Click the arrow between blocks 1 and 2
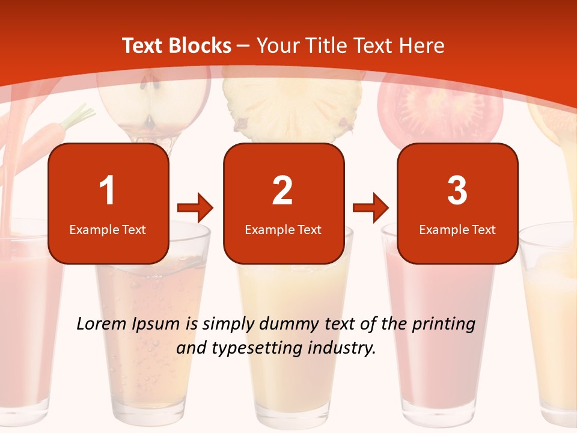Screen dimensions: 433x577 [x=195, y=208]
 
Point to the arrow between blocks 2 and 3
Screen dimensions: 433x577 [x=371, y=208]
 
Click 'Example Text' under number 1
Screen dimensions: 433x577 [x=108, y=229]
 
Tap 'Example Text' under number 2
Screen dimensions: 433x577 [x=283, y=229]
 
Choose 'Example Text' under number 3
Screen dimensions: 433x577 [x=457, y=229]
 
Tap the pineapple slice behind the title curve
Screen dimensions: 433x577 [x=293, y=111]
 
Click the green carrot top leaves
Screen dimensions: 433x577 [x=79, y=115]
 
